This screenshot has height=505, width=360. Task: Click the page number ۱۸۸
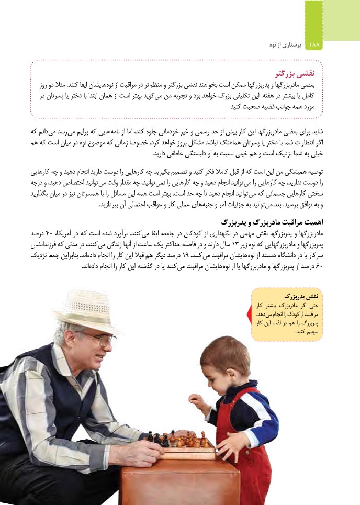tap(314, 45)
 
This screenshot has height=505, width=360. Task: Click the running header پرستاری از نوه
tap(283, 46)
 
